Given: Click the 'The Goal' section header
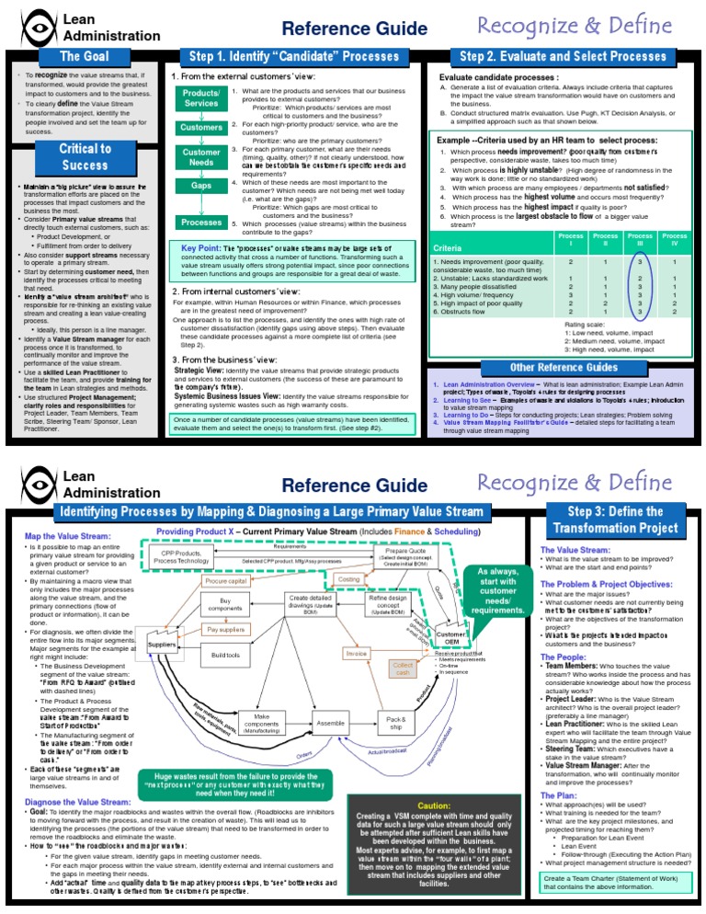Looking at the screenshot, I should [x=80, y=58].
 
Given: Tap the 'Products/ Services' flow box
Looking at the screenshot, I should [x=201, y=98].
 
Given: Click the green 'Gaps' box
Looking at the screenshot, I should [x=201, y=186].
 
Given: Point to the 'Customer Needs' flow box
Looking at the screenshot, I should [x=201, y=156].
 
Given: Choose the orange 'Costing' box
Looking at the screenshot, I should [x=349, y=580].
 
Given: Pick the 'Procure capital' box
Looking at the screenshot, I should [x=225, y=582].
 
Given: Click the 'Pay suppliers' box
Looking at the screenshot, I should [x=225, y=630].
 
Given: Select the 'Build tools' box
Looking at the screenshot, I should [x=225, y=655].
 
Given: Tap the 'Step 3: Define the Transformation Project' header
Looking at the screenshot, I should [x=616, y=520].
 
